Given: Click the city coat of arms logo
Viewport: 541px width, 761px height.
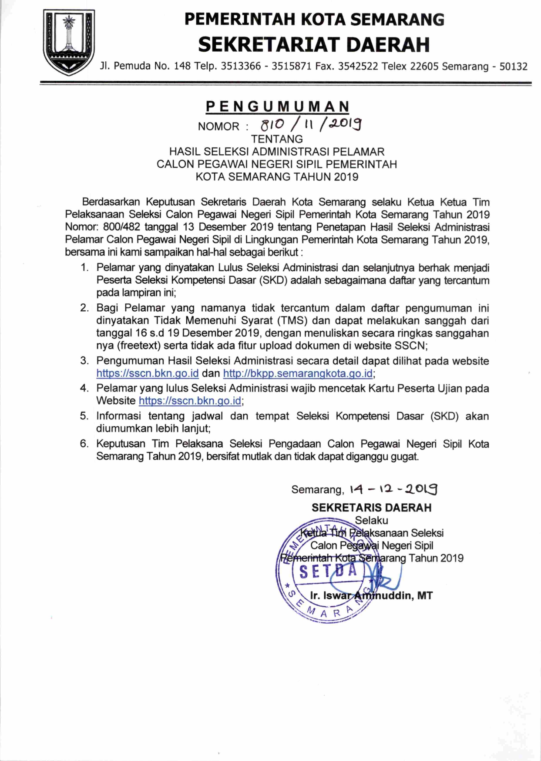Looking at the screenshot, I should point(68,42).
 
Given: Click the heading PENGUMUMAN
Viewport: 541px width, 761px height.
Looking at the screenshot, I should point(278,106).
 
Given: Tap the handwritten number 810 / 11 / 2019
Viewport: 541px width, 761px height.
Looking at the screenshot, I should point(311,125).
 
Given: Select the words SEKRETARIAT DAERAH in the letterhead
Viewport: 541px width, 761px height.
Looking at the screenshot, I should point(314,44).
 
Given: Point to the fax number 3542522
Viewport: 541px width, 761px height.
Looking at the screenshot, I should point(358,66).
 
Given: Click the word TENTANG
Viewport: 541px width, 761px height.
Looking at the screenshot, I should point(277,139).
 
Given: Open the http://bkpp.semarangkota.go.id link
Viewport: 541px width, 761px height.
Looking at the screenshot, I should point(298,373).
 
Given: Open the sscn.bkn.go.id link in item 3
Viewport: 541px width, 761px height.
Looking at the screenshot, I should point(148,373).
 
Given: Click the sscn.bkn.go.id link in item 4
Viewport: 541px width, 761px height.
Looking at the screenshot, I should point(190,401).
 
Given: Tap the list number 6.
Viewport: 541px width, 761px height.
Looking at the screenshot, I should point(84,444).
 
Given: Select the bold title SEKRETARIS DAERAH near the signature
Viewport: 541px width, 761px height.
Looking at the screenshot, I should point(371,508).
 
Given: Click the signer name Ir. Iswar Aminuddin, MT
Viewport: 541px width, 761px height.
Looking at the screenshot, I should point(371,595).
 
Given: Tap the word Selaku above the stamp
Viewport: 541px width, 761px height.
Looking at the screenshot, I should point(371,520).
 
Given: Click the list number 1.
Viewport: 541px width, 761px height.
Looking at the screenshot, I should point(84,267).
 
